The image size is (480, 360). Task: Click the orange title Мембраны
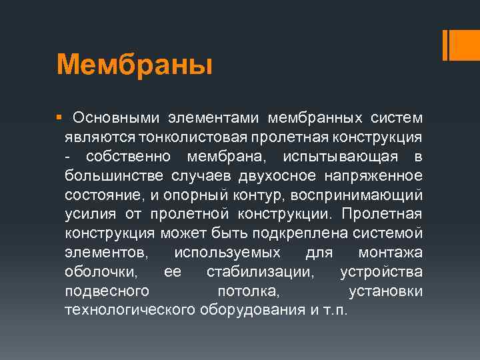click(x=135, y=66)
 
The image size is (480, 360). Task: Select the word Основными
click(x=107, y=118)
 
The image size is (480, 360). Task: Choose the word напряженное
click(x=374, y=176)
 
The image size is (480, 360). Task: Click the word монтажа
click(x=390, y=253)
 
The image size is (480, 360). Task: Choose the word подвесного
click(x=107, y=291)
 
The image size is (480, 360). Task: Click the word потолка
click(x=248, y=291)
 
